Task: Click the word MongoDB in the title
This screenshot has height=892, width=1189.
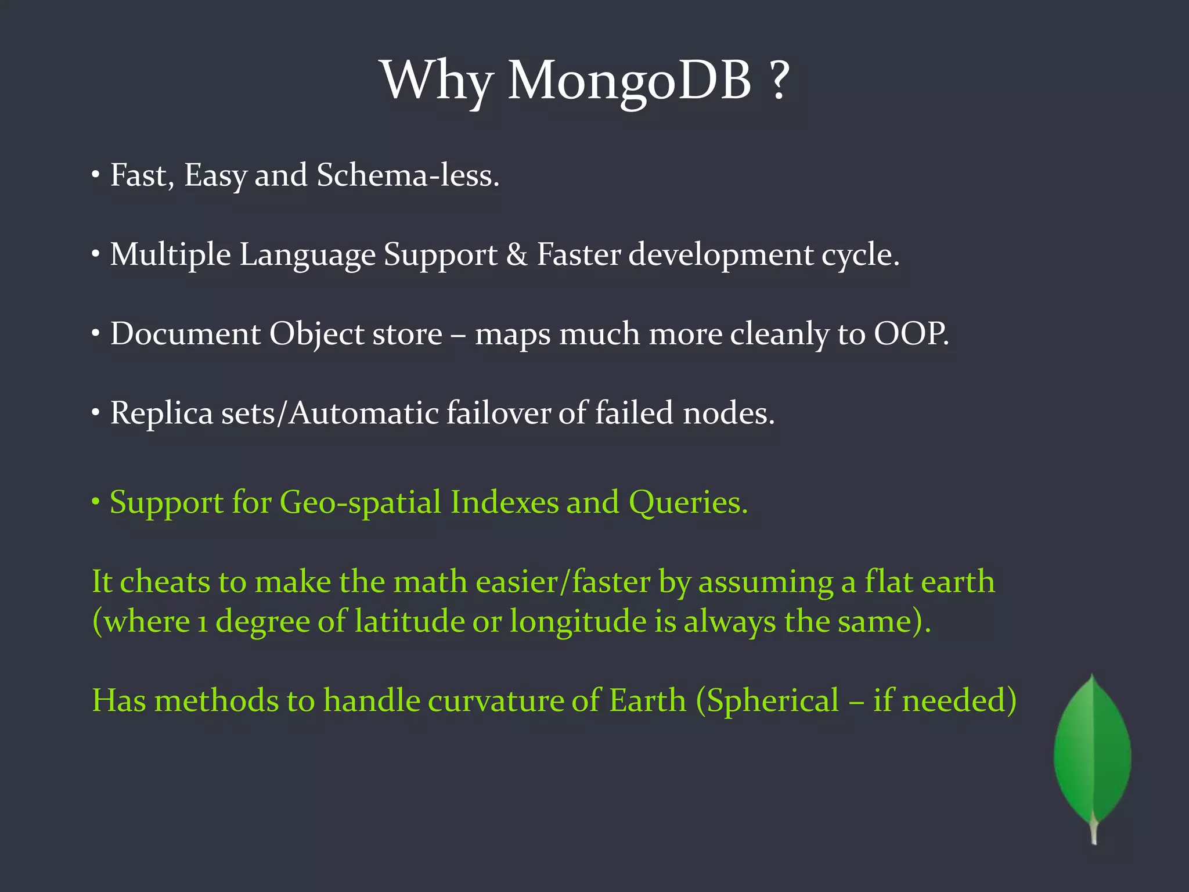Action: click(629, 81)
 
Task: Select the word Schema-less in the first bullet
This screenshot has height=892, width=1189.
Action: click(408, 175)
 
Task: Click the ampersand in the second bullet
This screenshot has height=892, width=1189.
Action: click(516, 254)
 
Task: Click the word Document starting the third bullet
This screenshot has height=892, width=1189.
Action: click(185, 334)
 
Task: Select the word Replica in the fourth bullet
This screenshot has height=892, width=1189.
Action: click(161, 413)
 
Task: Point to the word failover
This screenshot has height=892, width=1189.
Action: click(498, 413)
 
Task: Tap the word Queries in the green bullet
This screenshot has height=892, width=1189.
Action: click(688, 502)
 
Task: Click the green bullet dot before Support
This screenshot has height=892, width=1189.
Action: click(96, 501)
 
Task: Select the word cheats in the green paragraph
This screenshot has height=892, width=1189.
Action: click(165, 582)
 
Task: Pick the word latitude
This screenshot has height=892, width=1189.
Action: click(409, 621)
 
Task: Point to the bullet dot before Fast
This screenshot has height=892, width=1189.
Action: click(96, 175)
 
